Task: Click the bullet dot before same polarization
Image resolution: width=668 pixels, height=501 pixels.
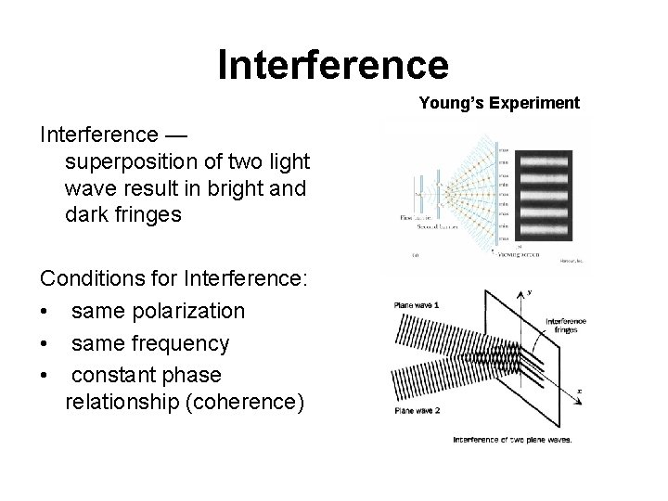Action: point(45,311)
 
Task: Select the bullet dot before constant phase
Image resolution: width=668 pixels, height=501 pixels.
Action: point(45,375)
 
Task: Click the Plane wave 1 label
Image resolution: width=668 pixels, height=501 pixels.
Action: point(417,305)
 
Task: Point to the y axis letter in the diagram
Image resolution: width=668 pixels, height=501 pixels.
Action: point(531,293)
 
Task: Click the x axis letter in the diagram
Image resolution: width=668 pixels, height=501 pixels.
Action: point(580,391)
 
